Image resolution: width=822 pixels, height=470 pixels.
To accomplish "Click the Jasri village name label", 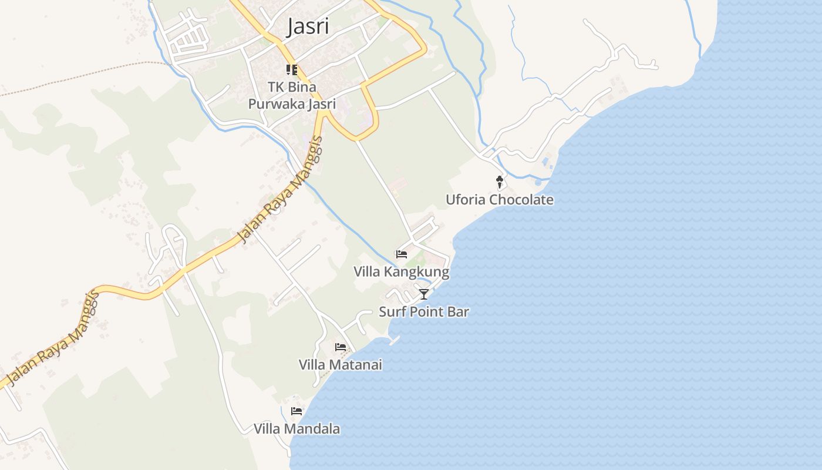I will tap(307, 27).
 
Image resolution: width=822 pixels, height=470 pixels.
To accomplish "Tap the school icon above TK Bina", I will tap(292, 70).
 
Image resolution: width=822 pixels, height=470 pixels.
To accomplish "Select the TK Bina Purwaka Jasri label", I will tap(292, 96).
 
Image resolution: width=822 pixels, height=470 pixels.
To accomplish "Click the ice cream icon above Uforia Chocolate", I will tap(500, 182).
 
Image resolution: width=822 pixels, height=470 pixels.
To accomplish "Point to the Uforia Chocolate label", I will tap(499, 200).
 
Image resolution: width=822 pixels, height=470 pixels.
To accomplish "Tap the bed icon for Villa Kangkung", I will tap(402, 254).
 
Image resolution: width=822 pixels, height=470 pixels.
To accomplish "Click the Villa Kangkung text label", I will tap(401, 272).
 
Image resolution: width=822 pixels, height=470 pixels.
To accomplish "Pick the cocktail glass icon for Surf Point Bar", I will tap(424, 294).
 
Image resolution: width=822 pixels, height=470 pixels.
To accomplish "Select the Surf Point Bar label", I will tap(423, 312).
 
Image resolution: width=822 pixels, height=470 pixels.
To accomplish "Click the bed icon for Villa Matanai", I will tap(341, 347).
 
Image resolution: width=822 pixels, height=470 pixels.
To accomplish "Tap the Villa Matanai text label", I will tap(341, 365).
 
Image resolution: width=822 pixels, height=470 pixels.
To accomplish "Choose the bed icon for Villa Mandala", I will tap(297, 411).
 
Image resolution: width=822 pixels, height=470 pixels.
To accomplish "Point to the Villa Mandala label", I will tap(297, 429).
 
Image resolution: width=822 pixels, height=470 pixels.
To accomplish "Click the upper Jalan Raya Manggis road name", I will tap(281, 190).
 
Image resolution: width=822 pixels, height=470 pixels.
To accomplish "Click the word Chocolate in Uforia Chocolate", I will tap(521, 200).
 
